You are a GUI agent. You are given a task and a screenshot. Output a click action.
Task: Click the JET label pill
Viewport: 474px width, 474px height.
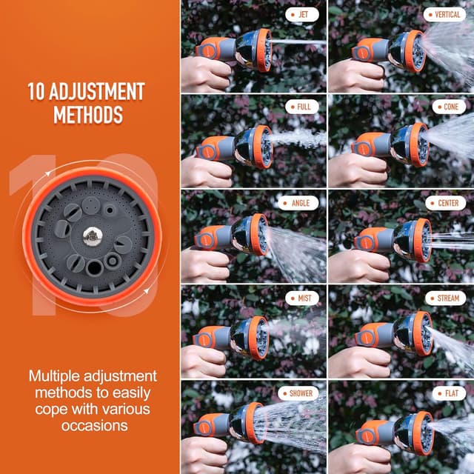(302, 13)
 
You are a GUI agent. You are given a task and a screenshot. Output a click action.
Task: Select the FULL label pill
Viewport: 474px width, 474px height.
(302, 107)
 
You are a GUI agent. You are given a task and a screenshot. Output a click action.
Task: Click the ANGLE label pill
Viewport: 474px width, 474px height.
(298, 203)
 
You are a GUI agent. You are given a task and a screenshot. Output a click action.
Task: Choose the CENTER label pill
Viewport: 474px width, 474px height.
(446, 203)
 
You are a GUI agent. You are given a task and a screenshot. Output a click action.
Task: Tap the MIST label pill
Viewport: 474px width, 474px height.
(302, 298)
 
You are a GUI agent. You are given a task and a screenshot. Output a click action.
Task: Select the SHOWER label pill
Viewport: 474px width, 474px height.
(297, 393)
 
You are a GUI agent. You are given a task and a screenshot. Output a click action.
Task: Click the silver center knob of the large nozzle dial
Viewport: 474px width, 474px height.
(92, 237)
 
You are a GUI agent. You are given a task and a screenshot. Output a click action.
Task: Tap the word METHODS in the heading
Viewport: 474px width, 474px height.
(87, 115)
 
